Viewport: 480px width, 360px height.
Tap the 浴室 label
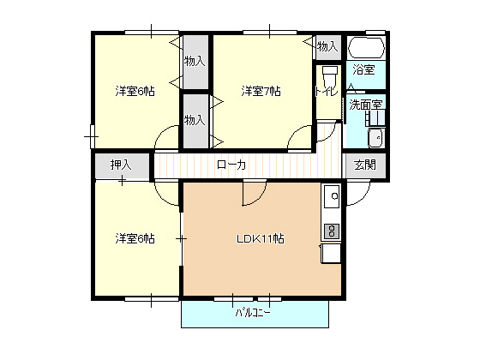point(364,70)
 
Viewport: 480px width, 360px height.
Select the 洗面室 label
point(365,105)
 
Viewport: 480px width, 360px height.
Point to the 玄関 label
point(365,165)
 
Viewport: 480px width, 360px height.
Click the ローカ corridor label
point(231,165)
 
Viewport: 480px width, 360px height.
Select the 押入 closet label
point(122,165)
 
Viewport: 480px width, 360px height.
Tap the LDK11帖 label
point(260,238)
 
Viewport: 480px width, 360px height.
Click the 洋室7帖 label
point(261,91)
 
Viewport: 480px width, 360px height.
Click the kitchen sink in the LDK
point(332,200)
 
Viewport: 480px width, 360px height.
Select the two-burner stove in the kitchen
point(332,230)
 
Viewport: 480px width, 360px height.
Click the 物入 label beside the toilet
point(327,45)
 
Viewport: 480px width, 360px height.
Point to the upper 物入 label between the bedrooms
point(195,61)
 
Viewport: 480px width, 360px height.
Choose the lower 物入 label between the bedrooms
point(195,119)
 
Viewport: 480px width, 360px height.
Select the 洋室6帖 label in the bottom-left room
point(135,238)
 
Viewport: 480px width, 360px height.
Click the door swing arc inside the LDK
point(253,196)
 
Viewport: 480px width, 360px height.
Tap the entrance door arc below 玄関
point(358,190)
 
